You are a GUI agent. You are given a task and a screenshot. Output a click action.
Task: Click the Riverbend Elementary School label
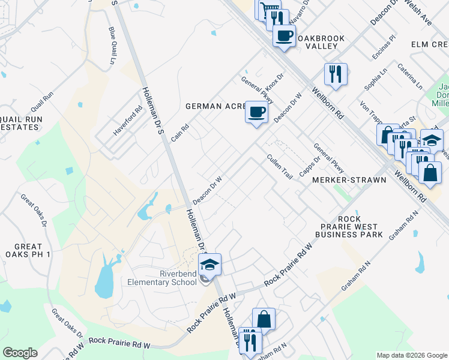(x=162, y=278)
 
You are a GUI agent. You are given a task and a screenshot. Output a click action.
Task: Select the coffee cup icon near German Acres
(x=256, y=112)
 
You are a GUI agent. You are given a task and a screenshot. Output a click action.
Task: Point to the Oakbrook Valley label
(x=321, y=43)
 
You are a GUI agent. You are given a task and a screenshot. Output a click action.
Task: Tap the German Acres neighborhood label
(x=216, y=106)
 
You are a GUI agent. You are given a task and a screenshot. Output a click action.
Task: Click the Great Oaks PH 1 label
(x=28, y=251)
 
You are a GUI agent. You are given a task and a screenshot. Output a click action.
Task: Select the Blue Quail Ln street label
(x=112, y=46)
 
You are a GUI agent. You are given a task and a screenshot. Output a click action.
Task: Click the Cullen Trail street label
(x=280, y=167)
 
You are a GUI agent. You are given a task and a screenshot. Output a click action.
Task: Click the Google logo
(x=20, y=353)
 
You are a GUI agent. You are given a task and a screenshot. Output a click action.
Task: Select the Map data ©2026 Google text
(x=411, y=355)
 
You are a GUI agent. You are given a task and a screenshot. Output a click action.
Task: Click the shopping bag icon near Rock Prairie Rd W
(x=264, y=319)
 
